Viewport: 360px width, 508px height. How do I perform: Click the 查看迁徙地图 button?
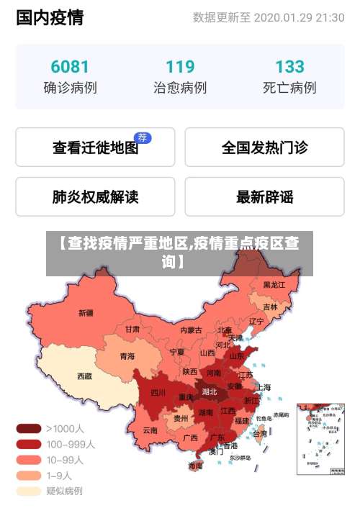click(x=95, y=148)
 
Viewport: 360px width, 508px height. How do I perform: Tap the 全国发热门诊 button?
click(x=264, y=148)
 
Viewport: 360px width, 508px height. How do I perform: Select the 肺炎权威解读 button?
click(x=95, y=196)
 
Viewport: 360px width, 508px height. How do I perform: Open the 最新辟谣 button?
click(x=264, y=196)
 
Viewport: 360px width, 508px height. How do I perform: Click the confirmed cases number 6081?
click(x=70, y=67)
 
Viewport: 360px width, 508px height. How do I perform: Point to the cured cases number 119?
click(x=180, y=67)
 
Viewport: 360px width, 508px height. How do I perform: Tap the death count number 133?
click(x=289, y=67)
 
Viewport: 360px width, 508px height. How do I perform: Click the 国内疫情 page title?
click(x=50, y=17)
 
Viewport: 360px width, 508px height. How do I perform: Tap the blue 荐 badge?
click(x=143, y=137)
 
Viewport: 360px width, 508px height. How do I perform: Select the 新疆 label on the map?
click(x=86, y=312)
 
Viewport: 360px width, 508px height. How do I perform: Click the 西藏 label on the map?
click(x=84, y=376)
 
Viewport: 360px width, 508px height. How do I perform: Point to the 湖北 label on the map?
click(x=210, y=391)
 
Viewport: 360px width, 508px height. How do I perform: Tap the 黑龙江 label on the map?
click(x=274, y=285)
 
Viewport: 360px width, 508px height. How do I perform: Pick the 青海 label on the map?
click(x=127, y=355)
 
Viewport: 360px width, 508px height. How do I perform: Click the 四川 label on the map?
click(x=158, y=392)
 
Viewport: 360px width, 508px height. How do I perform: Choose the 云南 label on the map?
click(x=150, y=430)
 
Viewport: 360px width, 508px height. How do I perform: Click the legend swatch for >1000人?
click(x=29, y=428)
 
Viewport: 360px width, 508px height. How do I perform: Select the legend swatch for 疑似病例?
click(x=29, y=491)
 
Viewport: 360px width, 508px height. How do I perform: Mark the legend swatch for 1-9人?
click(x=29, y=476)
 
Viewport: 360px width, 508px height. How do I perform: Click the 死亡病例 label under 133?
click(x=289, y=88)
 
